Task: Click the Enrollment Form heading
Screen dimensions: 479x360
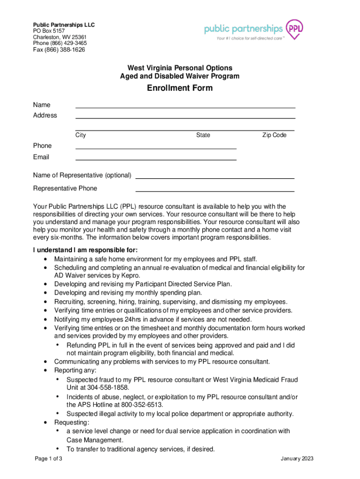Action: pyautogui.click(x=180, y=88)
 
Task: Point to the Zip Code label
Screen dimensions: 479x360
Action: pyautogui.click(x=274, y=135)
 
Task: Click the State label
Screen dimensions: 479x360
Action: pyautogui.click(x=203, y=135)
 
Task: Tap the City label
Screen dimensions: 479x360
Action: pyautogui.click(x=80, y=135)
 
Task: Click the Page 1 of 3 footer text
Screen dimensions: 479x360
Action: pyautogui.click(x=49, y=458)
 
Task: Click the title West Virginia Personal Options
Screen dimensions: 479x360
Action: pyautogui.click(x=180, y=68)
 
